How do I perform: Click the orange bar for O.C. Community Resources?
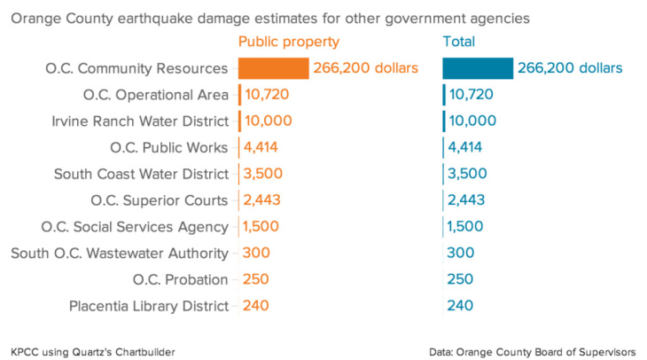(x=274, y=68)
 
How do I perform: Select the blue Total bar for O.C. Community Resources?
(x=478, y=68)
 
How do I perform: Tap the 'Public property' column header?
(x=289, y=42)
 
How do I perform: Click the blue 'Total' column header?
(x=458, y=42)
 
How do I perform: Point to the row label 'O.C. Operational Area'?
(x=155, y=95)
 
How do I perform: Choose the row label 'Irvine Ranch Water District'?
(x=141, y=121)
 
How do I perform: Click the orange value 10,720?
(x=267, y=95)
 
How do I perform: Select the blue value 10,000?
(x=473, y=121)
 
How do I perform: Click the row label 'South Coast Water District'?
(x=141, y=174)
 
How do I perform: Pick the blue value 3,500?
(x=468, y=174)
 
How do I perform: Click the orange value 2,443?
(x=263, y=200)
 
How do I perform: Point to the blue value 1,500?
(x=467, y=227)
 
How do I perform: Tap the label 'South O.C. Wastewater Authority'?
(x=120, y=254)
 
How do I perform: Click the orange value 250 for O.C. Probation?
(x=256, y=280)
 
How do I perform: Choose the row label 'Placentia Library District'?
(x=149, y=307)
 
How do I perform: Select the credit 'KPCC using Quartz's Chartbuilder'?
(x=93, y=352)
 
